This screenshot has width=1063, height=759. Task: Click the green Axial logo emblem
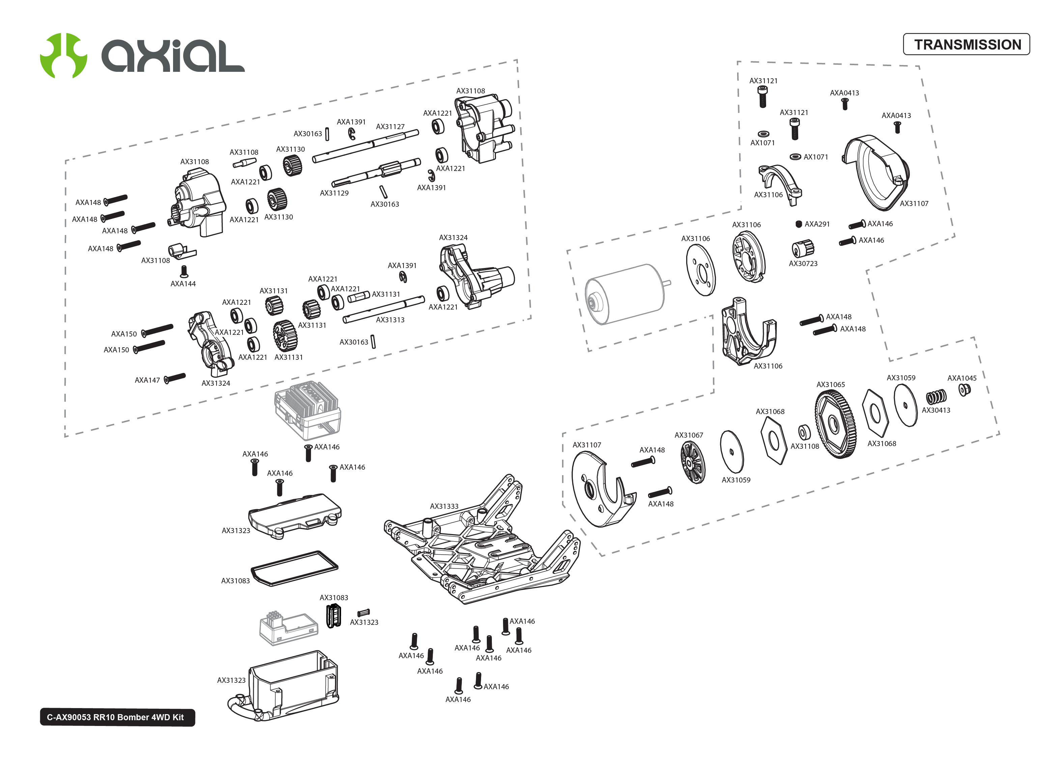pos(63,55)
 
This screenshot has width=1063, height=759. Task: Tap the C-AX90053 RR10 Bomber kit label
pos(117,717)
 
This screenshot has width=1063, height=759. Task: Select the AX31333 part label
pos(444,506)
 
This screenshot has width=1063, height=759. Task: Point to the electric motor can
pos(624,293)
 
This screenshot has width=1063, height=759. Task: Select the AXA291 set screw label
pos(817,224)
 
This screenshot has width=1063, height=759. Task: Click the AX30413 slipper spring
pos(936,397)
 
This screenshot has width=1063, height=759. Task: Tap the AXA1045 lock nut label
pos(961,378)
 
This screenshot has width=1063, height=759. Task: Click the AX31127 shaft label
pos(390,127)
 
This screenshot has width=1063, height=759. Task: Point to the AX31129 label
pos(334,193)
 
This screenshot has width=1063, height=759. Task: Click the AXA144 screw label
pos(183,284)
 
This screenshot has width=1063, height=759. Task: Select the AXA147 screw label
pos(147,380)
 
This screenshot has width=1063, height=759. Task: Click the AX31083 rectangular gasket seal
pos(295,568)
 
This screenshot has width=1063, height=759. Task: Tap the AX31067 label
pos(688,435)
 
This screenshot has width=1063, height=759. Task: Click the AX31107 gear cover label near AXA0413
pos(914,203)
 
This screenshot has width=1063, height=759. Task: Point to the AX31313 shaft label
pos(390,320)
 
